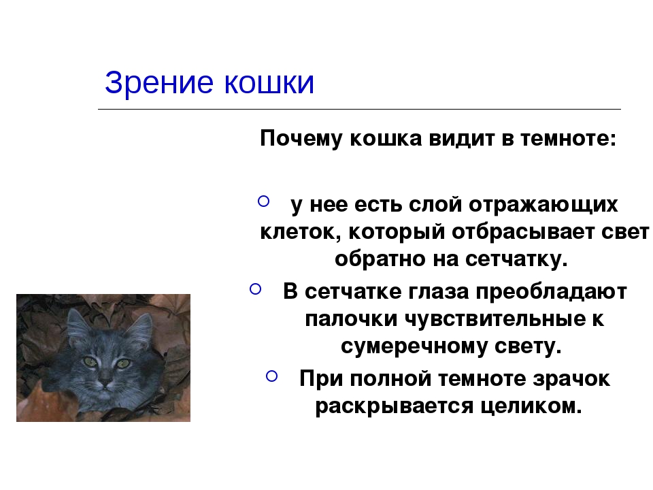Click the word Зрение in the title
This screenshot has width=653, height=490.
pos(159,82)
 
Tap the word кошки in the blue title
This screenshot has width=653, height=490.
pos(269,82)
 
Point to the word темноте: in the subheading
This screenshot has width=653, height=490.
pos(568,138)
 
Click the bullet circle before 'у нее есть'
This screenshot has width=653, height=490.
pos(264,201)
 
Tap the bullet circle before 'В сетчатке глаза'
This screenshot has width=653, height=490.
pos(255,289)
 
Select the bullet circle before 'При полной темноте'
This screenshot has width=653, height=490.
pos(271,376)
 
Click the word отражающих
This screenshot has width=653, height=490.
pos(543,205)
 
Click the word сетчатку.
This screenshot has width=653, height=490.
pos(516,259)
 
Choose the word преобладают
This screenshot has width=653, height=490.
pos(552,291)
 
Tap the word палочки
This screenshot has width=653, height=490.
pos(351,319)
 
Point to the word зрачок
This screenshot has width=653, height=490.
pos(571,379)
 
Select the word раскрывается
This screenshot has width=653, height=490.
pos(395,406)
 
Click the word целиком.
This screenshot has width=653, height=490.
pos(531,406)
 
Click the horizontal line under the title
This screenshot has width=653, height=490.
pos(359,109)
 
